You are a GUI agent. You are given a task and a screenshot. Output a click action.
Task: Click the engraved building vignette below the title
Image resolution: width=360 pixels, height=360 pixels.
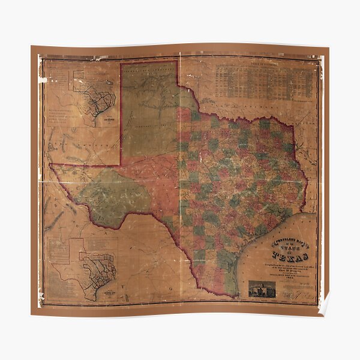pos(262,289)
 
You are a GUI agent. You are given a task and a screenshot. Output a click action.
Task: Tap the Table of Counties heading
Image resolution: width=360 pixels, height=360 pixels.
pos(266,62)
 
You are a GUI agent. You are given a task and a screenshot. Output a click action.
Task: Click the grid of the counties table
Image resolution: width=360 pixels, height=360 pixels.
pos(266,82)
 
